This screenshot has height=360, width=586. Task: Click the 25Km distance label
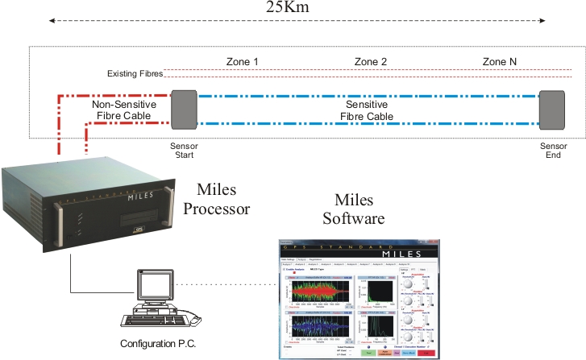point(288,10)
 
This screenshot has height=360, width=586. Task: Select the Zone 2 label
point(371,62)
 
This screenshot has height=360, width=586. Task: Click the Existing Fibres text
point(135,75)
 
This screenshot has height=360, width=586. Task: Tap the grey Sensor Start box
point(184,110)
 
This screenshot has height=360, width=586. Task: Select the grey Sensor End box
point(552,110)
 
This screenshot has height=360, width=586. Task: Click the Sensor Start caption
point(185,151)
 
